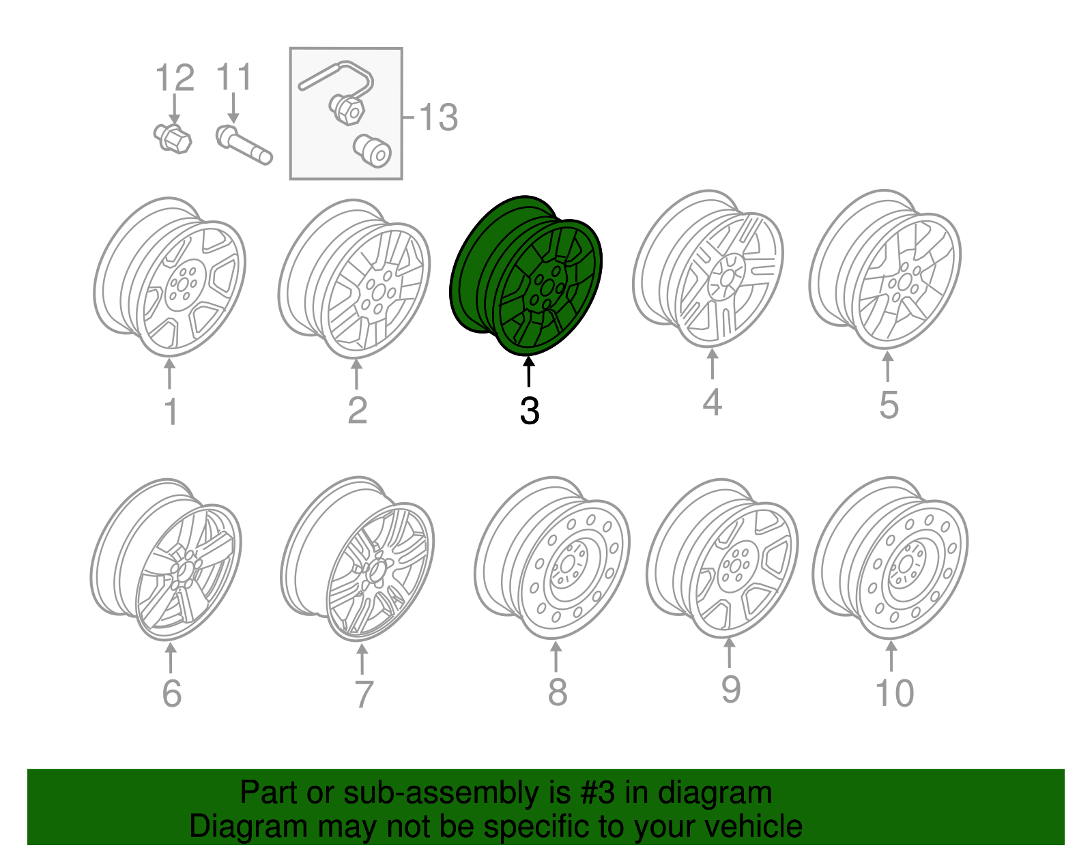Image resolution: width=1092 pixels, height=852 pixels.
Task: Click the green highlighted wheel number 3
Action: click(x=526, y=276)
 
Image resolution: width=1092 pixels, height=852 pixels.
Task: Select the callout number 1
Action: click(x=171, y=412)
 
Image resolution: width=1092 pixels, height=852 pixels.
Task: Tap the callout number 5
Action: click(x=889, y=405)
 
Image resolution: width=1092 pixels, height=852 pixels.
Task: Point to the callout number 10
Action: click(x=894, y=693)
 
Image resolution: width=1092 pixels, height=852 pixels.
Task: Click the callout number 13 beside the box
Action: click(x=437, y=117)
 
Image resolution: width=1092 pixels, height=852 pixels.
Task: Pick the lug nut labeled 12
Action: click(x=173, y=138)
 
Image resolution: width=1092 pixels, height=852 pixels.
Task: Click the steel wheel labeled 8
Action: click(x=553, y=559)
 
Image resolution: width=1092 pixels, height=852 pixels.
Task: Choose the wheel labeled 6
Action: click(x=167, y=559)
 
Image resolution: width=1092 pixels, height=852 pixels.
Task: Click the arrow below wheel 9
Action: click(x=729, y=653)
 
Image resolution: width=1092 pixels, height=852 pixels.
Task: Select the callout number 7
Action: click(x=364, y=694)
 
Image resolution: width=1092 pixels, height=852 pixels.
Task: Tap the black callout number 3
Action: click(x=529, y=411)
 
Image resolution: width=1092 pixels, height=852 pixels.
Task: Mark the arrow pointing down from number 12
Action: click(x=175, y=110)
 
